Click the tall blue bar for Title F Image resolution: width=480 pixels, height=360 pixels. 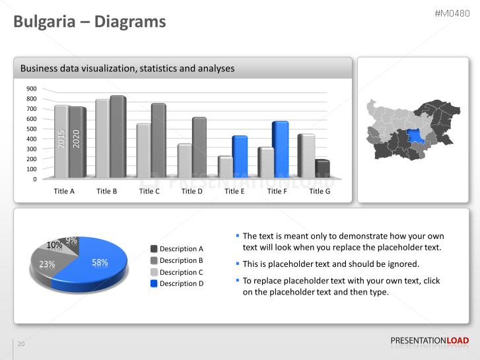280,149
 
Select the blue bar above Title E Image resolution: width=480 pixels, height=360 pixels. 239,157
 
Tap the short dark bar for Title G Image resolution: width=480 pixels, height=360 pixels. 322,169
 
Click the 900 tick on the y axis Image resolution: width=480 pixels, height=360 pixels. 31,89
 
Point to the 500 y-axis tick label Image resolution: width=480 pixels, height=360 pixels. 31,129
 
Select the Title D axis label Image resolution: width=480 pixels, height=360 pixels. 191,191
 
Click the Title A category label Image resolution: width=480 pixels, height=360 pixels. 64,191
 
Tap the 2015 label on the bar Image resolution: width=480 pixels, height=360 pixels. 61,139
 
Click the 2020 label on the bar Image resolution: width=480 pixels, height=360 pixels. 76,139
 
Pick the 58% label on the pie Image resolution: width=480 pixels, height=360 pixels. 100,262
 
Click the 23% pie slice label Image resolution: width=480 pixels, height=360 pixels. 47,264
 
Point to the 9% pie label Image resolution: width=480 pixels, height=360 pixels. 71,240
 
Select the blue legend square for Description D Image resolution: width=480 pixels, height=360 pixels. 154,283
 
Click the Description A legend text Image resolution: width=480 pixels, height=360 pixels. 182,249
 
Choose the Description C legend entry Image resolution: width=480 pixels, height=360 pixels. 182,272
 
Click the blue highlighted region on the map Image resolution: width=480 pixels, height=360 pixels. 417,137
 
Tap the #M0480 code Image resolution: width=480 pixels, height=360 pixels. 452,13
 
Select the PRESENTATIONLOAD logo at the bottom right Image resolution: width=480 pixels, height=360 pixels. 430,340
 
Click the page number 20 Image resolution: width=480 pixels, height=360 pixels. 21,344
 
